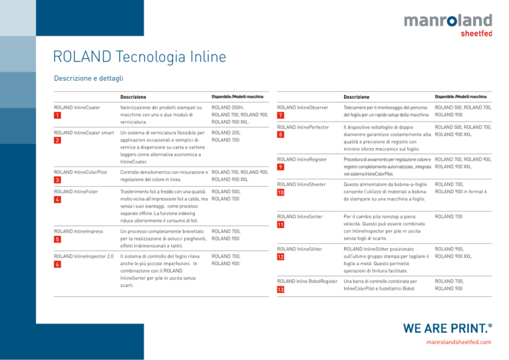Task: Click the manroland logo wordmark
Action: tap(448, 20)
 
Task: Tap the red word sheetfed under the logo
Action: tap(477, 33)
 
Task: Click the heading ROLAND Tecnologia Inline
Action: tap(140, 56)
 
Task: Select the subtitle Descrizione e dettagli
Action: tap(89, 78)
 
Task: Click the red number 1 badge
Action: tap(58, 115)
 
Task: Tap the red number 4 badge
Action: tap(58, 200)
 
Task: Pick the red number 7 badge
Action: tap(280, 115)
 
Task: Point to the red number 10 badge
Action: tap(280, 192)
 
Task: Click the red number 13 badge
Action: tap(280, 289)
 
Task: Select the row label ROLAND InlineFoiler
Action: tap(76, 192)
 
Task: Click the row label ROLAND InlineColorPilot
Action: tap(80, 172)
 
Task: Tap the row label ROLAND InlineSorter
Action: tap(300, 217)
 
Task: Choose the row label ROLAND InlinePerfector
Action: tap(303, 127)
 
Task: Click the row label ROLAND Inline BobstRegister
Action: tap(307, 281)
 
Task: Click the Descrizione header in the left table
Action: tap(133, 97)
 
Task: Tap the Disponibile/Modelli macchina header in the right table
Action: tap(461, 97)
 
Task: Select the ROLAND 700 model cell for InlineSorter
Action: tap(449, 217)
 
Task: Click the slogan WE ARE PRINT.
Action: tap(447, 329)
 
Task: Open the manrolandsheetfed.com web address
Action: tap(459, 342)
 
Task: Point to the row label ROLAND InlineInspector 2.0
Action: tap(84, 257)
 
